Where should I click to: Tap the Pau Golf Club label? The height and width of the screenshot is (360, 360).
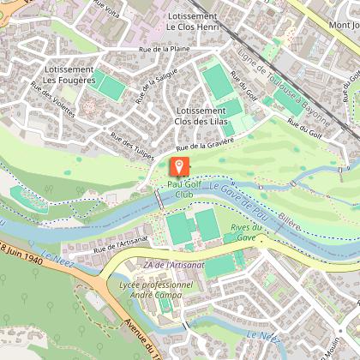pyautogui.click(x=179, y=189)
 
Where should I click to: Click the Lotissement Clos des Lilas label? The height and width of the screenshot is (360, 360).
pyautogui.click(x=204, y=117)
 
